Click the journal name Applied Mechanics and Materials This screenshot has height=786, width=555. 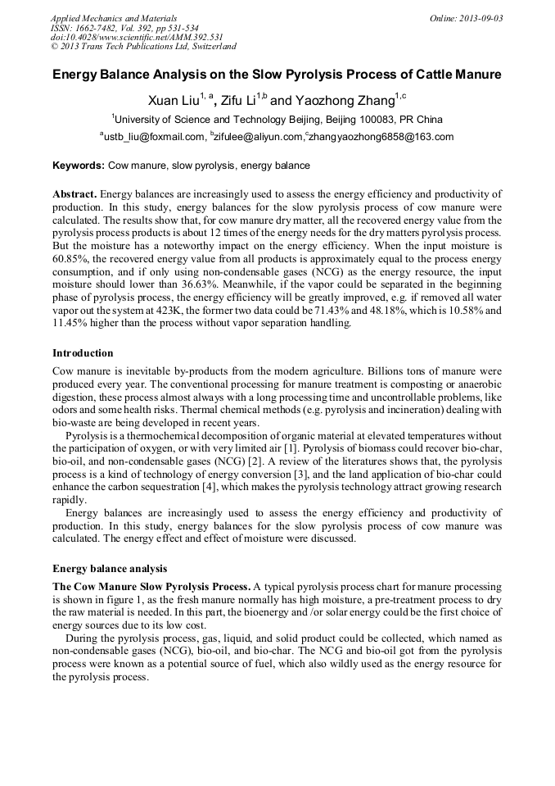point(113,18)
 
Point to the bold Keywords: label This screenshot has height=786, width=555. point(79,166)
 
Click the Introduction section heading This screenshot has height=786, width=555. point(83,353)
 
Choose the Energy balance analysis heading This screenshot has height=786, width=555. point(110,568)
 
